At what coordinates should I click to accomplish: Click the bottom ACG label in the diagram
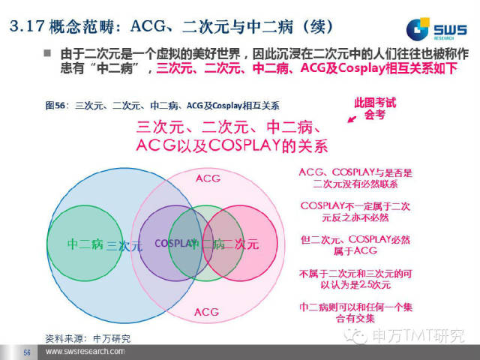tap(208, 310)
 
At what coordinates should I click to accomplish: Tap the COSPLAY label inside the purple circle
tap(175, 244)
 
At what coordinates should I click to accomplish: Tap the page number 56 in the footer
tap(26, 352)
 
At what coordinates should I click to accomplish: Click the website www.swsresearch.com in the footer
tap(85, 352)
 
